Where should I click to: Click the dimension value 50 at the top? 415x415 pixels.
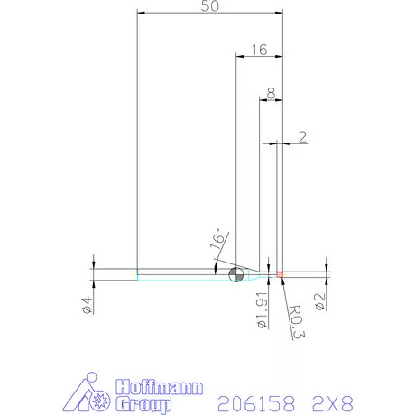pos(209,7)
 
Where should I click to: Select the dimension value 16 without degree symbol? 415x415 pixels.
pos(259,51)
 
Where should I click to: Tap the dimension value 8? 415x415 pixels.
pos(271,93)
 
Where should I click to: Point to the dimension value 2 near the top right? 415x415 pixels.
pos(301,137)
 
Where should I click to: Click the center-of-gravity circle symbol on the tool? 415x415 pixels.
pos(236,274)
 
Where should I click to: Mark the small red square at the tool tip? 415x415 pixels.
pos(281,273)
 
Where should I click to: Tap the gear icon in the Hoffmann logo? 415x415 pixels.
pos(100,397)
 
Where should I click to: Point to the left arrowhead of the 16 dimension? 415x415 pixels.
pos(238,57)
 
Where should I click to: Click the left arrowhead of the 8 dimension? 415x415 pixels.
pos(262,99)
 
